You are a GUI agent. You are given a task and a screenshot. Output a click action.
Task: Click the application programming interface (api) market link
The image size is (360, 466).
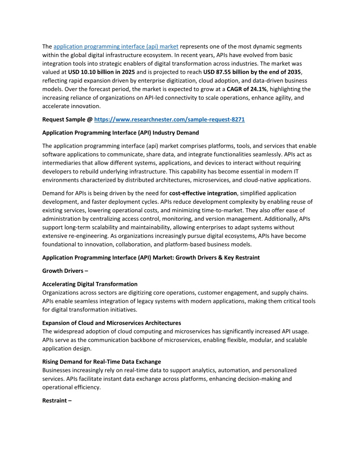click(116, 47)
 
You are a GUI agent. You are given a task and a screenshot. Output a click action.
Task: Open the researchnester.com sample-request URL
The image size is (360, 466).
click(169, 120)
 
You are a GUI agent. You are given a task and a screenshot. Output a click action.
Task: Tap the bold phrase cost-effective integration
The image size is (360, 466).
click(203, 193)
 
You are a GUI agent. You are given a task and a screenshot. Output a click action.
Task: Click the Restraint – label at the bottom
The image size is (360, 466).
click(57, 400)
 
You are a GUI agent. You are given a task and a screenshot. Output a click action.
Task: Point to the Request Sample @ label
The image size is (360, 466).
click(67, 120)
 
